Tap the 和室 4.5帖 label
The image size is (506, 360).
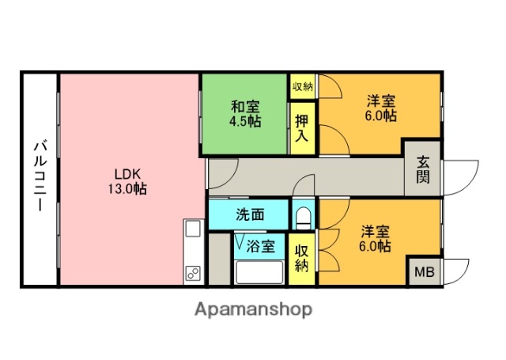click(245, 114)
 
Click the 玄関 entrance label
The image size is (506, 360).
click(423, 169)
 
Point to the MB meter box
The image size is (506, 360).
click(425, 272)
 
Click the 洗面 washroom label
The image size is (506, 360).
click(250, 214)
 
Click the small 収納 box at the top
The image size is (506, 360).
click(301, 86)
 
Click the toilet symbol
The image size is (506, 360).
click(302, 216)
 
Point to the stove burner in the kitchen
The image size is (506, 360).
click(192, 274)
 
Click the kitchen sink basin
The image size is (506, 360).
click(193, 230)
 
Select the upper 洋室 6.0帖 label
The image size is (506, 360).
click(381, 108)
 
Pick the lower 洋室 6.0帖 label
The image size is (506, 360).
click(376, 238)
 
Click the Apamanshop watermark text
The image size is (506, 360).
click(253, 309)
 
